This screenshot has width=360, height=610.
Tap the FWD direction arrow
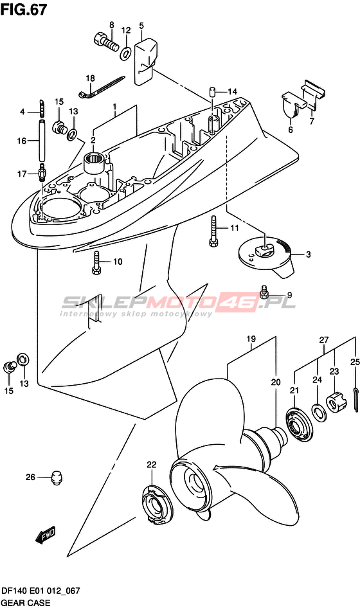[x=46, y=535]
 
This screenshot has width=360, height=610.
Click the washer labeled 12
[x=125, y=53]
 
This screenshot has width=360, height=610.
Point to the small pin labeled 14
[x=213, y=92]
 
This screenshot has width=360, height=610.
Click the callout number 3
[x=308, y=255]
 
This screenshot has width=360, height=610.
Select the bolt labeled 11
[x=213, y=231]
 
